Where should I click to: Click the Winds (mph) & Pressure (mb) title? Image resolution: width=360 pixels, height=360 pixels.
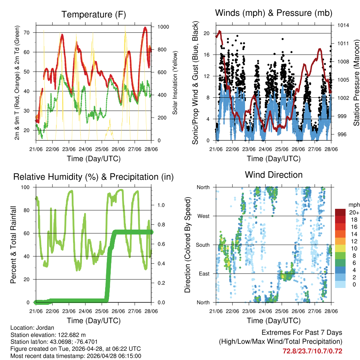(274, 13)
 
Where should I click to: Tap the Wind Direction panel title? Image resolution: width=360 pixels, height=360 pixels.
(274, 174)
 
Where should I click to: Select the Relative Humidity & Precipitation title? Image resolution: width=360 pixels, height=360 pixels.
(93, 176)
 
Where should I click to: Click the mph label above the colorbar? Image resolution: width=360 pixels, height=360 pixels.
(353, 204)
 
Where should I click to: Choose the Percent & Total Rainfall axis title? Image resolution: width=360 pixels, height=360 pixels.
(13, 245)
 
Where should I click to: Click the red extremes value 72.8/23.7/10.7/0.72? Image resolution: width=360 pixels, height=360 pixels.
(313, 351)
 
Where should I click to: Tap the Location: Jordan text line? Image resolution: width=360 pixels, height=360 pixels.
(32, 328)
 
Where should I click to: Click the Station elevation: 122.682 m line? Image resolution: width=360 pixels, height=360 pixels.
(48, 335)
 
